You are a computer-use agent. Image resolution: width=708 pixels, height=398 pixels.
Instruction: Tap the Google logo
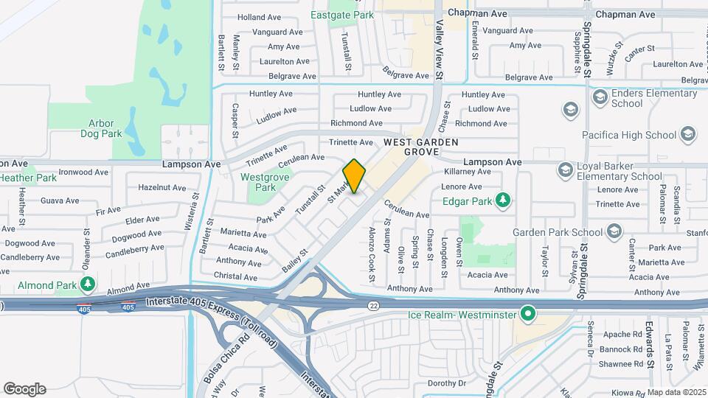pyautogui.click(x=24, y=388)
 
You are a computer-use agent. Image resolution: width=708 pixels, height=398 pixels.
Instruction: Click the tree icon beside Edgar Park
pyautogui.click(x=503, y=200)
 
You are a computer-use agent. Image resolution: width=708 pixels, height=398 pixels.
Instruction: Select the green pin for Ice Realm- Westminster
pyautogui.click(x=528, y=315)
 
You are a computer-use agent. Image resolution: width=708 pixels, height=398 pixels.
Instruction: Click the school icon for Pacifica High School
pyautogui.click(x=687, y=135)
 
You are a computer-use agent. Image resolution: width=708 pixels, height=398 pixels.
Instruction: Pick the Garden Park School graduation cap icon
pyautogui.click(x=614, y=233)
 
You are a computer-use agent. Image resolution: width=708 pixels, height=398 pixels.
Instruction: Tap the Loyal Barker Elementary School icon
pyautogui.click(x=565, y=170)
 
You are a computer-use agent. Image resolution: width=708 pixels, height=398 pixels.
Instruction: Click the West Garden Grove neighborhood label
pyautogui.click(x=421, y=147)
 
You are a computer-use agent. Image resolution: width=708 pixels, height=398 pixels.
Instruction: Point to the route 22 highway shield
pyautogui.click(x=372, y=304)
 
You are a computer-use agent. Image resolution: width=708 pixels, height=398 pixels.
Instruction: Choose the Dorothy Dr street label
pyautogui.click(x=447, y=383)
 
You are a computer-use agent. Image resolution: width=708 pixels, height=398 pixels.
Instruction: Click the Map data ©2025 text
pyautogui.click(x=676, y=391)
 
